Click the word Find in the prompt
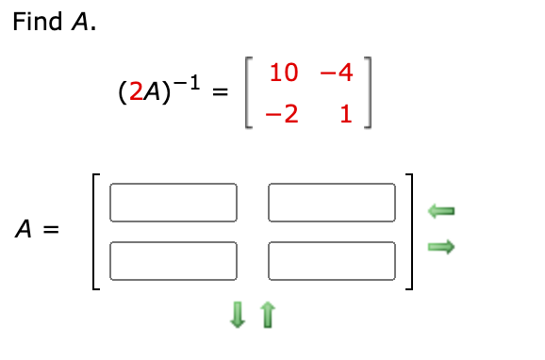coord(38,22)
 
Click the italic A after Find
coord(81,22)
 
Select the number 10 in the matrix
coord(284,72)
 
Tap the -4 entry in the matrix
coord(336,72)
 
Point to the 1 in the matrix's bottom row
coord(345,115)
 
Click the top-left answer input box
coord(173,200)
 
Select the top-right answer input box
coord(332,200)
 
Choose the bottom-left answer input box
coord(173,258)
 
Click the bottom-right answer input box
coord(332,258)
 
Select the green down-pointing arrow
coord(239,320)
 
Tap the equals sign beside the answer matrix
coord(51,229)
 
